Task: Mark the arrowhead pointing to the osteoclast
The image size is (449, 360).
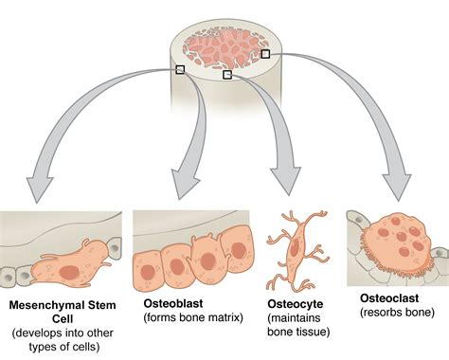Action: [x=399, y=188]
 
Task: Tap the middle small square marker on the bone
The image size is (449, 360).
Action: [x=227, y=74]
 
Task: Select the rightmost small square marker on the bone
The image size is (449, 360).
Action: [x=265, y=55]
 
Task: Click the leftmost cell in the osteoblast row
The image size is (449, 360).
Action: [x=149, y=268]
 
